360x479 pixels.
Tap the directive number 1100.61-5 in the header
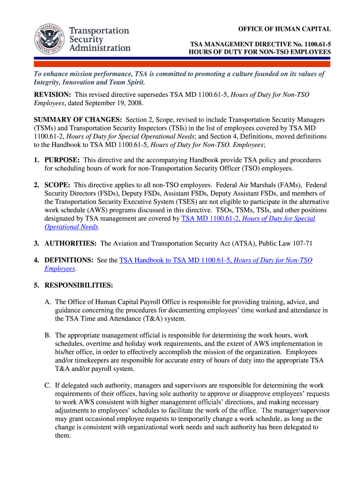[316, 44]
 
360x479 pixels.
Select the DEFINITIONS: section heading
[69, 260]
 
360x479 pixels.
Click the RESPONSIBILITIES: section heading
[79, 285]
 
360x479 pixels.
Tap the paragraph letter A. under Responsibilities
[48, 302]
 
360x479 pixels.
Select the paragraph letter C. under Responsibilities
[48, 385]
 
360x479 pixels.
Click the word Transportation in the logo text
[99, 31]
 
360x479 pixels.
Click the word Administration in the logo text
[100, 48]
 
